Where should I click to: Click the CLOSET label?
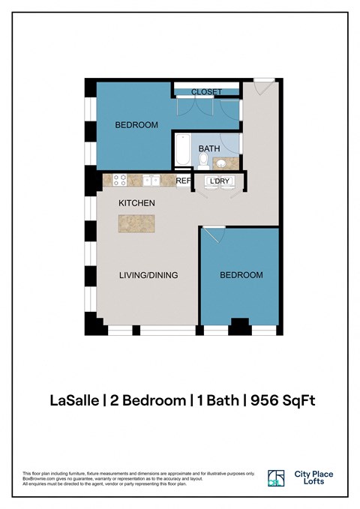(x=206, y=92)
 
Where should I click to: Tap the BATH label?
(x=209, y=148)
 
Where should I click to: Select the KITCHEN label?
(x=136, y=203)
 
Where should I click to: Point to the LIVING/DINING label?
(x=148, y=275)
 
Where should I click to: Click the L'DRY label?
(x=219, y=181)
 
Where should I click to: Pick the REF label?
(x=183, y=181)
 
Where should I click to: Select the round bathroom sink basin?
(x=223, y=163)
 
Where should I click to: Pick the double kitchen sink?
(x=152, y=181)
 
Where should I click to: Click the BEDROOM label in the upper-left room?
(x=136, y=125)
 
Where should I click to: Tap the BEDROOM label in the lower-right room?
(x=241, y=275)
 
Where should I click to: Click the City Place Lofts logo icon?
(x=276, y=478)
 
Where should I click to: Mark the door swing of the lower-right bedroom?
(x=212, y=235)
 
